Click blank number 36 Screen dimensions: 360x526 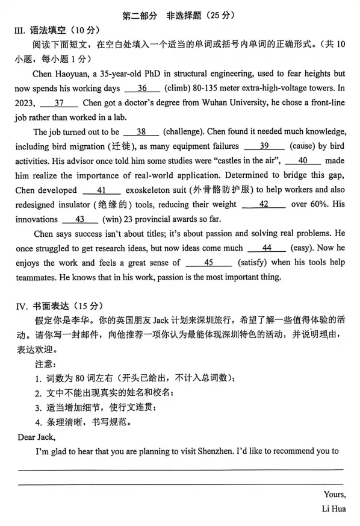pos(142,88)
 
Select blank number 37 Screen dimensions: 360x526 pos(58,102)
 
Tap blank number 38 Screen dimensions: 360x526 pos(141,131)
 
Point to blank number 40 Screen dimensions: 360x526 pos(302,160)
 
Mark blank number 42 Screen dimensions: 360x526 pos(264,204)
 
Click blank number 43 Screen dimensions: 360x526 pos(79,219)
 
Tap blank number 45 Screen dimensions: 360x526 pos(209,262)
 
